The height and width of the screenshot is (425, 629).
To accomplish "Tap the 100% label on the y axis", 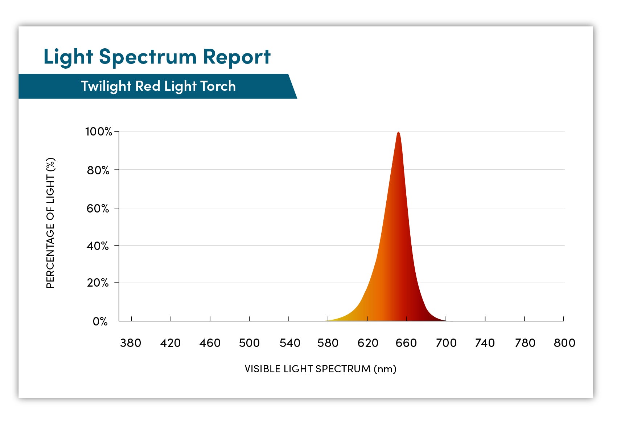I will pyautogui.click(x=98, y=131).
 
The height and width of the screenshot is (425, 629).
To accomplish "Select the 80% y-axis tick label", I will pyautogui.click(x=98, y=170).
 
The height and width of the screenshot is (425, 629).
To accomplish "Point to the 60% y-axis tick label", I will pyautogui.click(x=98, y=208).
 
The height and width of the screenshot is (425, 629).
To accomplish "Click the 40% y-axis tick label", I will pyautogui.click(x=98, y=246).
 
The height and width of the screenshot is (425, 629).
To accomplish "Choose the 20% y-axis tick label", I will pyautogui.click(x=98, y=283).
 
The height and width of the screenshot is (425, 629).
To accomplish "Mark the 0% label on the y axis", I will pyautogui.click(x=100, y=321).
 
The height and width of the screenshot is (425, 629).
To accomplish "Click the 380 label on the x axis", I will pyautogui.click(x=131, y=343).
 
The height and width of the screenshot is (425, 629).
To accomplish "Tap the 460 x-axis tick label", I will pyautogui.click(x=210, y=343).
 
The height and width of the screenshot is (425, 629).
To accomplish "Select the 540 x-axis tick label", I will pyautogui.click(x=289, y=343).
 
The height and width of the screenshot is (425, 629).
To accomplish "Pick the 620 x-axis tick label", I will pyautogui.click(x=368, y=343).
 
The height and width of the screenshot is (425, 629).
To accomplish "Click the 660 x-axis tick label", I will pyautogui.click(x=406, y=343).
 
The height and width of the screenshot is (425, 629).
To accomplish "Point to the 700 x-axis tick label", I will pyautogui.click(x=446, y=343).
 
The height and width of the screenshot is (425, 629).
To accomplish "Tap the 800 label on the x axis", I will pyautogui.click(x=564, y=343).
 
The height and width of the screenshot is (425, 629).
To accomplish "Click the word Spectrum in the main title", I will pyautogui.click(x=148, y=57).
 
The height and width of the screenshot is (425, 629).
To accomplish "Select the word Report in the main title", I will pyautogui.click(x=237, y=57).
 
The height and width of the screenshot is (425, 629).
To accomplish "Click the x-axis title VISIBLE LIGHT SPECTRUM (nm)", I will pyautogui.click(x=320, y=369).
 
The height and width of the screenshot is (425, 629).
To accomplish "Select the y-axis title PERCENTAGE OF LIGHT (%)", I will pyautogui.click(x=50, y=223).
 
